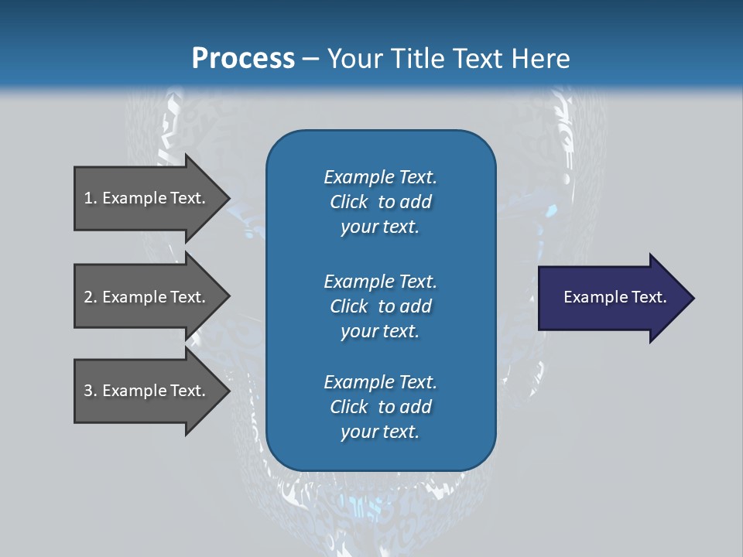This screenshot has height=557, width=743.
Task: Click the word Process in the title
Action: [243, 59]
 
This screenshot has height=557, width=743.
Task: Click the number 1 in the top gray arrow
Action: [88, 198]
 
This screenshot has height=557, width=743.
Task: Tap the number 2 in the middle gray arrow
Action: [88, 297]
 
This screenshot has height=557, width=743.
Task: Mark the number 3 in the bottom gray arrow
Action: [88, 391]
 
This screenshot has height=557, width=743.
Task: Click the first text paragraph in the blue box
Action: [380, 202]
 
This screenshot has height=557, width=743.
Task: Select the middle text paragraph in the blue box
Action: [380, 306]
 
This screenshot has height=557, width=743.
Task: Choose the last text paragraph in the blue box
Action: [380, 407]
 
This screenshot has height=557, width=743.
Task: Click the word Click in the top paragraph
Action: [348, 202]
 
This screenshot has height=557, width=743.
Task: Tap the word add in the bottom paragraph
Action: [416, 407]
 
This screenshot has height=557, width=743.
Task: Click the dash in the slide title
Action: [310, 60]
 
